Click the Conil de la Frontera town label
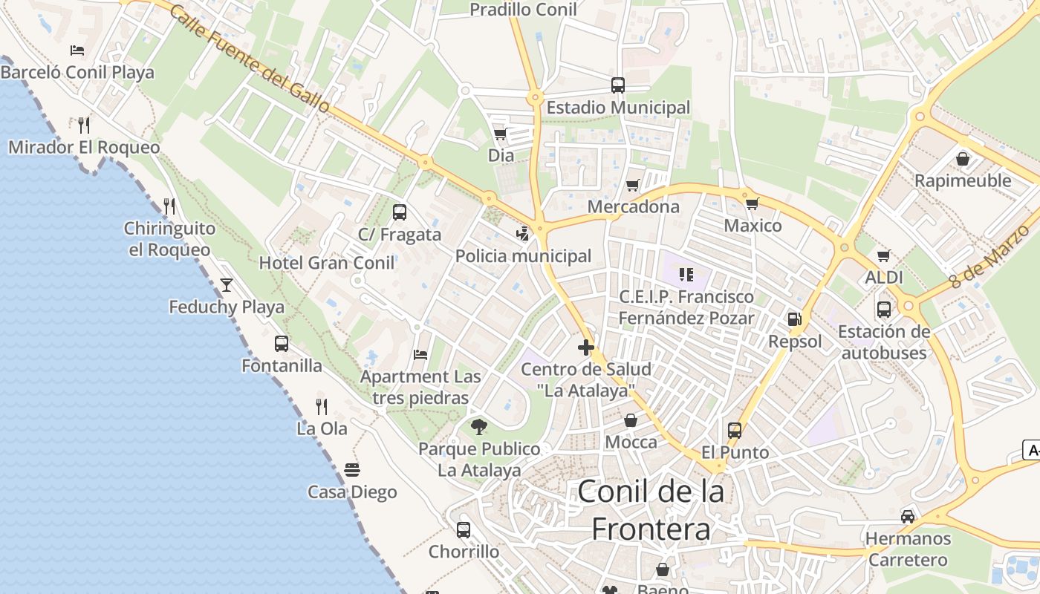pos(651,509)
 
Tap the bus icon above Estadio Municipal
pos(618,85)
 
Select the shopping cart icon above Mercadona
pos(632,185)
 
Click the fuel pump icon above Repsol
pos(794,319)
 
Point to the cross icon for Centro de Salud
pos(586,347)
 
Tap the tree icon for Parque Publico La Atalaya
pos(479,426)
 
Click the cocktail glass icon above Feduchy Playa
pos(226,284)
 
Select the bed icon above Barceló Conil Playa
pos(77,50)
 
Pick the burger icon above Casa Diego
pos(352,469)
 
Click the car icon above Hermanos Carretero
pos(907,516)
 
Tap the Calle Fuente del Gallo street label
pos(250,59)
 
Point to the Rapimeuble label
pos(963,180)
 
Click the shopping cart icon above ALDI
pos(883,256)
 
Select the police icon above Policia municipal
pos(523,234)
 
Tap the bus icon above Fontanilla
pos(282,343)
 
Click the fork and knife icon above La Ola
pos(322,406)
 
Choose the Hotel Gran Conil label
pos(327,263)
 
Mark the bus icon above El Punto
pos(735,430)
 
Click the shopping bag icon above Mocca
pos(631,420)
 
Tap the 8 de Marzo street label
pos(991,257)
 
